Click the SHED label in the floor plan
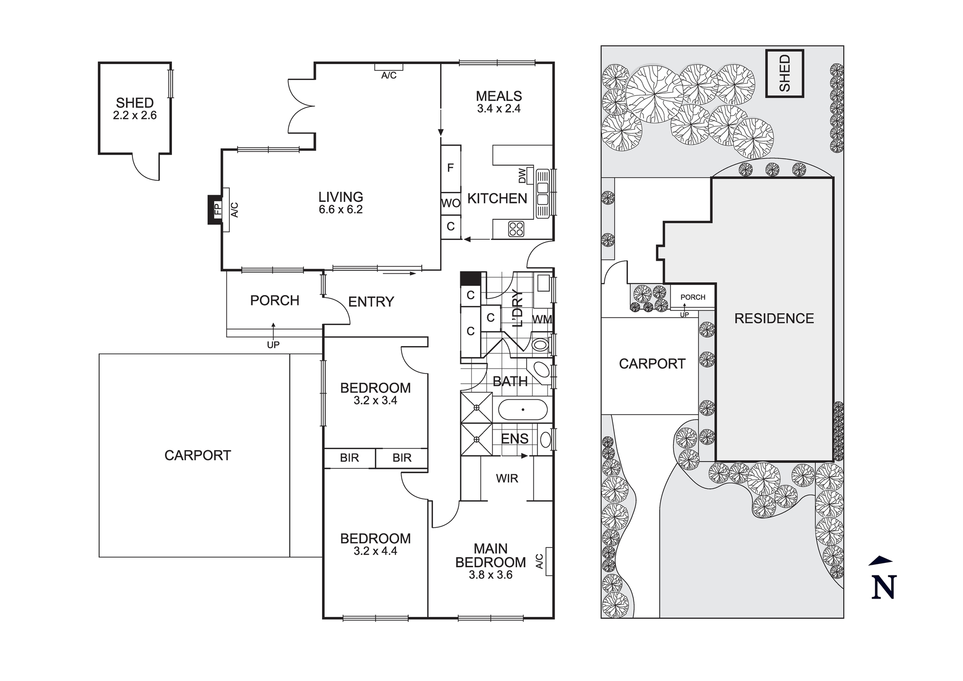tap(135, 103)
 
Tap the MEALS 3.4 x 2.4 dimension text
tap(499, 109)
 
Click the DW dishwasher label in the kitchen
tap(522, 176)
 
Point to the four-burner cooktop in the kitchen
tap(516, 229)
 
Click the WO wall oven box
tap(451, 203)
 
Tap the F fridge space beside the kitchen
tap(451, 168)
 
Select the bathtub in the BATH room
tap(522, 410)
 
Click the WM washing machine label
tap(542, 319)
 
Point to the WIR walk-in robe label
tap(507, 479)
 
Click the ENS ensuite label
tap(515, 439)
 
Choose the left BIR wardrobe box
tap(350, 458)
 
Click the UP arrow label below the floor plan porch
tap(273, 345)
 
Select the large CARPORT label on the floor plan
tap(197, 455)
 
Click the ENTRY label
tap(371, 302)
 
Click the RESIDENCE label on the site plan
tap(774, 319)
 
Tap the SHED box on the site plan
tap(785, 74)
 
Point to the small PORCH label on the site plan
tap(693, 297)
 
